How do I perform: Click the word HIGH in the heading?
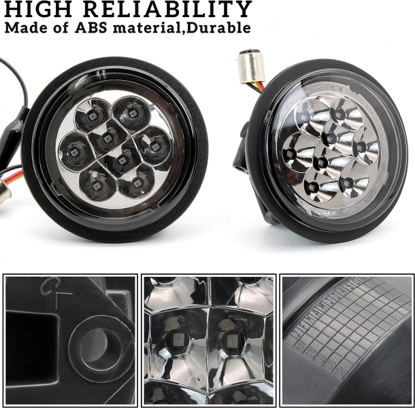click(x=38, y=9)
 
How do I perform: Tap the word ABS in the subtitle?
click(x=90, y=27)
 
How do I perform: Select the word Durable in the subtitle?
click(x=218, y=27)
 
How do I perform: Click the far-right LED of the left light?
click(x=154, y=146)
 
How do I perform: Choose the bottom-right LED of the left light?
click(x=137, y=183)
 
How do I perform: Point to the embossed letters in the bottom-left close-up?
click(x=56, y=293)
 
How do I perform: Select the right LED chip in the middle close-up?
click(x=229, y=339)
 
